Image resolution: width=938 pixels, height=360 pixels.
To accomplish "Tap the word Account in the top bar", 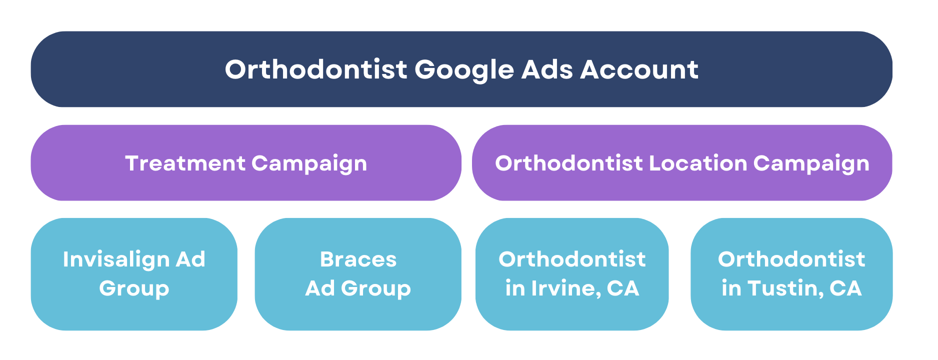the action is coord(639,69).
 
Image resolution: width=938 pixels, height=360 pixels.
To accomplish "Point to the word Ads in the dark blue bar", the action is coord(547,69).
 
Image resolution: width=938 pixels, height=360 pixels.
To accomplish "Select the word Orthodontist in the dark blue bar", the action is coord(316,69).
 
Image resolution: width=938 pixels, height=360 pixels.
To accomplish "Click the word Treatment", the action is coord(185,163).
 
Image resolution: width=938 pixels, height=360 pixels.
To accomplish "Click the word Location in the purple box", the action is coord(698,163).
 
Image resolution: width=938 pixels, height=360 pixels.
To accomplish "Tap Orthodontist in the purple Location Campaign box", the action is coord(569,163).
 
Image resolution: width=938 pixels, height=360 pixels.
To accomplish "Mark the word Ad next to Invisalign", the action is coord(190,259).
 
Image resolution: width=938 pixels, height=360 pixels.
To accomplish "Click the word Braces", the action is coord(358,259).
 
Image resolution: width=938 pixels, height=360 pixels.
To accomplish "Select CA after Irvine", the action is coord(623,288).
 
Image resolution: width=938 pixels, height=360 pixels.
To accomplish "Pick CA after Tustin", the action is coord(845,288).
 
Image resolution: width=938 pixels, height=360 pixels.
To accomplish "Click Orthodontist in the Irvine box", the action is coord(572,259).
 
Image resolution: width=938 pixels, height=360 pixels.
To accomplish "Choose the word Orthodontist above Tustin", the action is coord(791,259).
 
